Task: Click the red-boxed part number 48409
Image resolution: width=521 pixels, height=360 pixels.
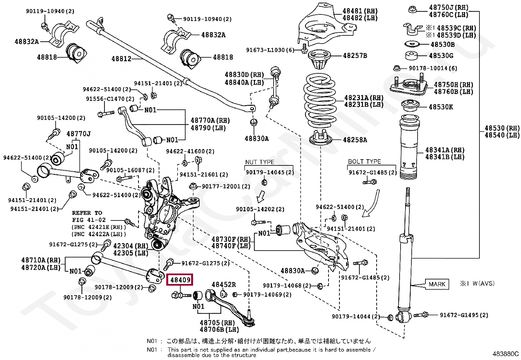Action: pyautogui.click(x=180, y=279)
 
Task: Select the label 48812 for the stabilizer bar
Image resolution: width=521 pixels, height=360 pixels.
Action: pyautogui.click(x=121, y=59)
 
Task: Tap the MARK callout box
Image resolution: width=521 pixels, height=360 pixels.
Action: pyautogui.click(x=437, y=284)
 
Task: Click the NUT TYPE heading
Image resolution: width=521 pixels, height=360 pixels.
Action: pyautogui.click(x=260, y=162)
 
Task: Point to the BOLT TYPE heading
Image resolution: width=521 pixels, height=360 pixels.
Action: pyautogui.click(x=365, y=161)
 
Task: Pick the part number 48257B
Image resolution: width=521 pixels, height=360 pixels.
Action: pyautogui.click(x=355, y=56)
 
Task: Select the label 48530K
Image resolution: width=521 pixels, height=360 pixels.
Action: pyautogui.click(x=441, y=107)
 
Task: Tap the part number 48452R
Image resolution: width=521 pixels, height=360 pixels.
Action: pyautogui.click(x=224, y=285)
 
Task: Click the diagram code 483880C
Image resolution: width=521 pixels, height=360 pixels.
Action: pyautogui.click(x=505, y=354)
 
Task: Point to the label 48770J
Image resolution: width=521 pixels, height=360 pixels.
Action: pyautogui.click(x=79, y=134)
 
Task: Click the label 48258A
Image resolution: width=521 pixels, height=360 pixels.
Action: pyautogui.click(x=355, y=140)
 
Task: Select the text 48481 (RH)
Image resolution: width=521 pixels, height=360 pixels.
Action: pyautogui.click(x=360, y=11)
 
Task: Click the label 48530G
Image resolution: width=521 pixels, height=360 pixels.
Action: pyautogui.click(x=441, y=56)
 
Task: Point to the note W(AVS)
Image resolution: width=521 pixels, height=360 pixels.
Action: pyautogui.click(x=484, y=283)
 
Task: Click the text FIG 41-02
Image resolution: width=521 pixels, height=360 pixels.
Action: pyautogui.click(x=89, y=220)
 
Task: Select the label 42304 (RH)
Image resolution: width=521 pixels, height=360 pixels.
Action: pyautogui.click(x=131, y=246)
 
